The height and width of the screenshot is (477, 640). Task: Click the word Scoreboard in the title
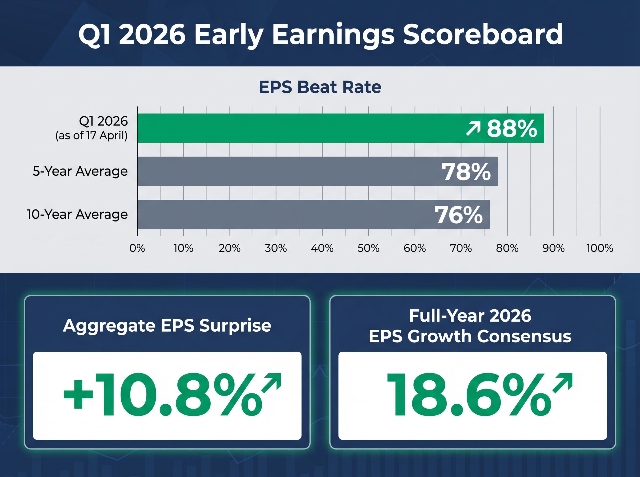pyautogui.click(x=483, y=34)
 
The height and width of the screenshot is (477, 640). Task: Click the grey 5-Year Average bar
pyautogui.click(x=289, y=171)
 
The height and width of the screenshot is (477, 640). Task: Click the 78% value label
pyautogui.click(x=466, y=172)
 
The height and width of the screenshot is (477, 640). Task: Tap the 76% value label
pyautogui.click(x=458, y=215)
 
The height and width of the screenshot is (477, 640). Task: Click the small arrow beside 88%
pyautogui.click(x=473, y=129)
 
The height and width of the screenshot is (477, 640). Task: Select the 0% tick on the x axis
pyautogui.click(x=137, y=248)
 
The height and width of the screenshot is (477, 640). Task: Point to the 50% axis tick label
pyautogui.click(x=368, y=248)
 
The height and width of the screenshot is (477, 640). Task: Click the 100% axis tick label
pyautogui.click(x=599, y=248)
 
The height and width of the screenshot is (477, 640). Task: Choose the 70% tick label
pyautogui.click(x=461, y=248)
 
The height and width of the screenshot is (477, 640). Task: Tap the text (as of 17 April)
pyautogui.click(x=91, y=135)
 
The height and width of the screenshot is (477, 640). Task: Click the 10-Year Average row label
pyautogui.click(x=77, y=214)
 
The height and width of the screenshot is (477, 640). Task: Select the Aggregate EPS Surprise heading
pyautogui.click(x=167, y=326)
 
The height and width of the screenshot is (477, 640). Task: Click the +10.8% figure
pyautogui.click(x=162, y=395)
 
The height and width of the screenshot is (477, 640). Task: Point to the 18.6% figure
pyautogui.click(x=469, y=395)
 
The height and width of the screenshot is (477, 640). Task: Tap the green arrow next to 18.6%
pyautogui.click(x=562, y=383)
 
